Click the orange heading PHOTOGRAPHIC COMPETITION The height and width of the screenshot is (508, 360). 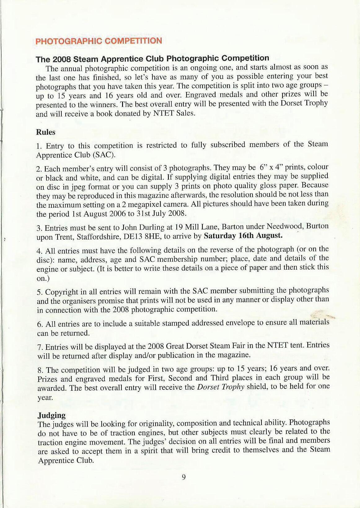99,41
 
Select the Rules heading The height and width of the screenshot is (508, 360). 46,132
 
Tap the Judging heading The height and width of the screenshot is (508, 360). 51,415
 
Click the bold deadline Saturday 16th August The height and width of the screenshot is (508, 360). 243,236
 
